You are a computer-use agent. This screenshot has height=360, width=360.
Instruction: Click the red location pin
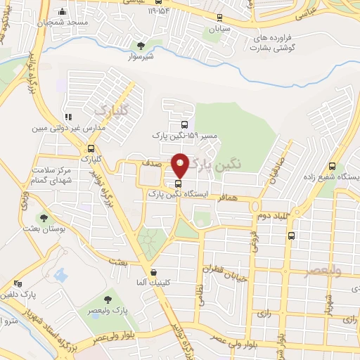click(x=181, y=165)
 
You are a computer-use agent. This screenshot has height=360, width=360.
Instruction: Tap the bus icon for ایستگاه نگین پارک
click(x=176, y=184)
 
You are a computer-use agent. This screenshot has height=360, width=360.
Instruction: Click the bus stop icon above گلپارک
click(x=91, y=148)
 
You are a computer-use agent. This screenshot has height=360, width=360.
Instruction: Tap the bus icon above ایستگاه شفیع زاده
click(x=333, y=167)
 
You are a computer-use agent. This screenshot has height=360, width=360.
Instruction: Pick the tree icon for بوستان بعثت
click(x=44, y=219)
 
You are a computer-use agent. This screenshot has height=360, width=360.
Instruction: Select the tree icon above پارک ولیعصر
click(x=108, y=301)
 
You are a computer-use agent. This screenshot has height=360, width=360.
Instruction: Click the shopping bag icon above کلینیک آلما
click(x=154, y=272)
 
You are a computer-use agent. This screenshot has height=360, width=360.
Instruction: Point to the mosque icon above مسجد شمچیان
click(x=63, y=12)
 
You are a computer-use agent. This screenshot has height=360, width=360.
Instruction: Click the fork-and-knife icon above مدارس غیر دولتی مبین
click(x=68, y=117)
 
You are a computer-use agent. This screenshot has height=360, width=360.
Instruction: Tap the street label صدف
click(x=154, y=162)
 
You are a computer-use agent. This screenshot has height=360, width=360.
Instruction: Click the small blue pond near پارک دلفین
click(x=61, y=275)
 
